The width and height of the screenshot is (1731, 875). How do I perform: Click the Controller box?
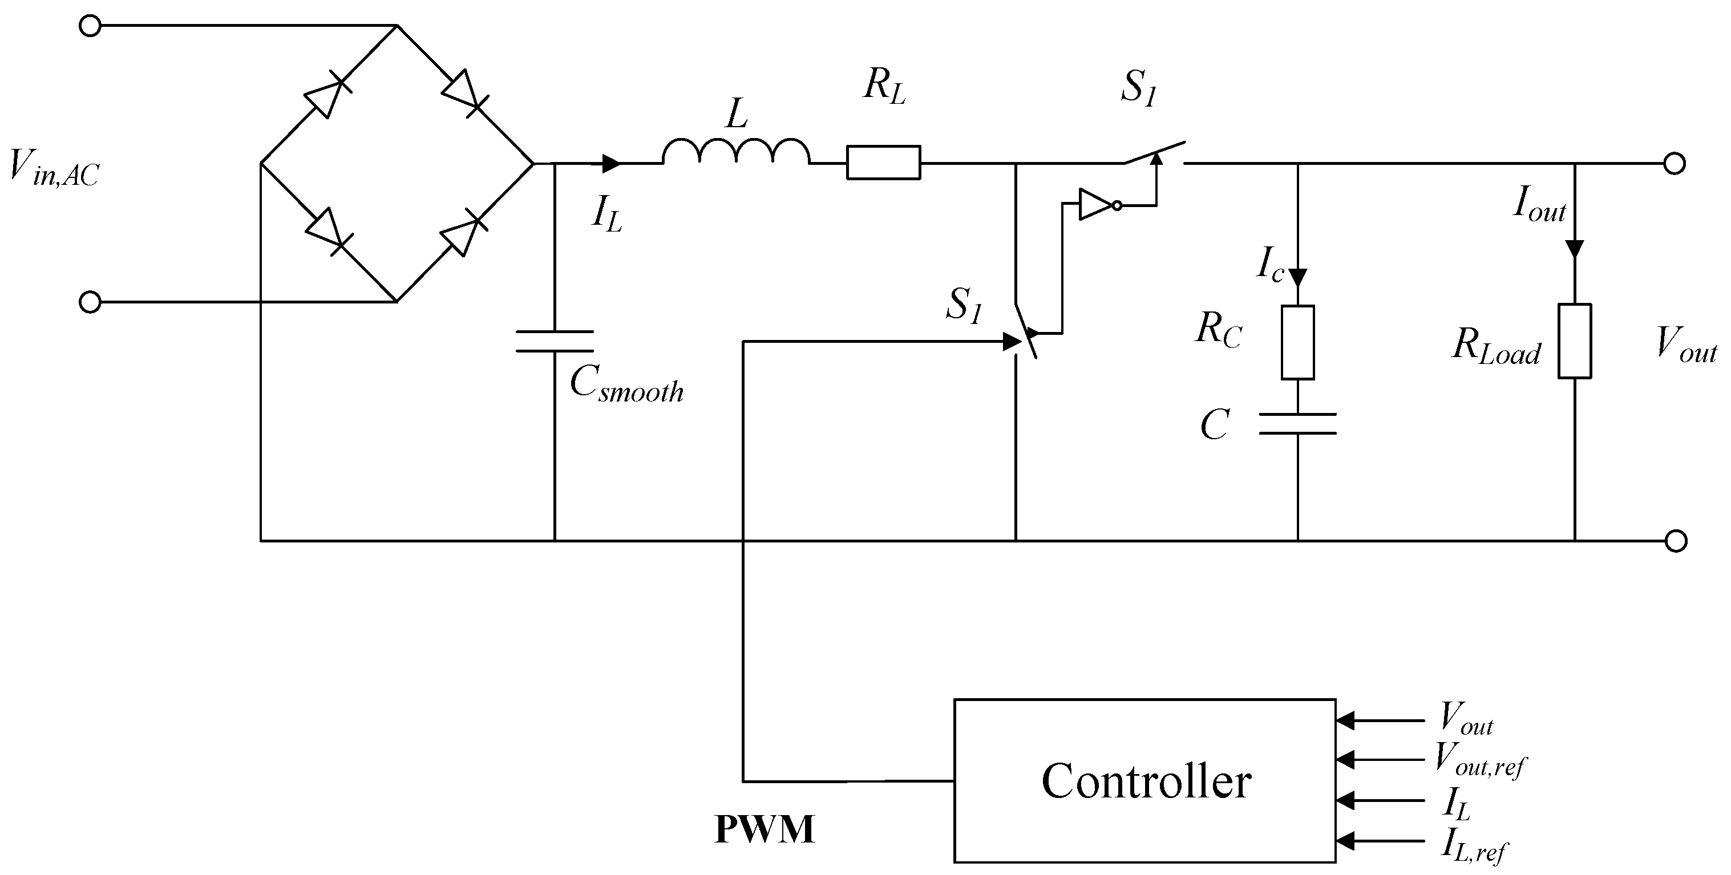pos(1144,780)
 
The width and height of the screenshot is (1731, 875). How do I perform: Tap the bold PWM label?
pos(764,829)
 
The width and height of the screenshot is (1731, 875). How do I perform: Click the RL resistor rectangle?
pos(883,163)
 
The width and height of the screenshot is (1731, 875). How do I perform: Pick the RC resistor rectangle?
pos(1297,342)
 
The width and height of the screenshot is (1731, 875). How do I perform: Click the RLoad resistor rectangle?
pos(1575,341)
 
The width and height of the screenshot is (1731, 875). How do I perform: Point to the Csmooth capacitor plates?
pos(555,341)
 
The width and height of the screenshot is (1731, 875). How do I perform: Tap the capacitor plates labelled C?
pos(1297,423)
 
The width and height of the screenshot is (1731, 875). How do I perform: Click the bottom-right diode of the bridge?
pos(463,234)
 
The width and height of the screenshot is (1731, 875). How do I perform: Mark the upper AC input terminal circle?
pos(90,26)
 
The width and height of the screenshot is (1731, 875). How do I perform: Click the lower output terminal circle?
pos(1676,540)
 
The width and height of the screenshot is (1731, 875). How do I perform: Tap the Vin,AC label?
pos(54,168)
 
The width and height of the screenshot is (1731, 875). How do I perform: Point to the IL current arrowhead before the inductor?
pos(611,163)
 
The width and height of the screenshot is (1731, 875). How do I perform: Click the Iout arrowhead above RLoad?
pos(1575,248)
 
